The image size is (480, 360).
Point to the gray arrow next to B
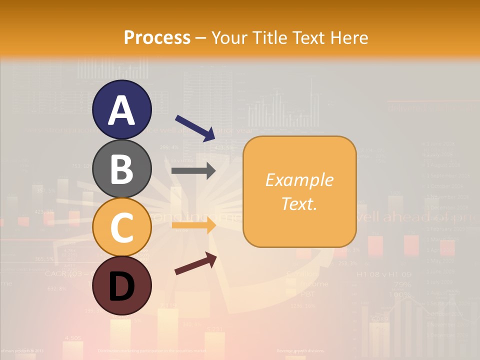tap(193, 171)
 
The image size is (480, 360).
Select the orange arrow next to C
tap(193, 226)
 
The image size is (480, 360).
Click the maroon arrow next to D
tap(195, 263)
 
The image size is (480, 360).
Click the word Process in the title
tap(157, 38)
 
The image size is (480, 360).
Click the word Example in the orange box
tap(299, 180)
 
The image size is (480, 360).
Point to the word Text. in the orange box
tap(299, 203)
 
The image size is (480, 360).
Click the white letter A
tap(121, 110)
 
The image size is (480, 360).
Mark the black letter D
tap(121, 286)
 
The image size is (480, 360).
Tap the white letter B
tap(121, 168)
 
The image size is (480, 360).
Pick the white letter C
tap(121, 227)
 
